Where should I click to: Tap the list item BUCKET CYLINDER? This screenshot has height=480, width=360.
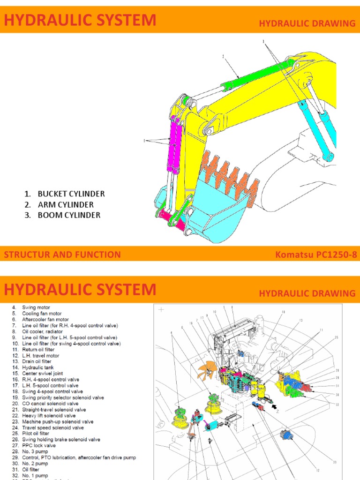coord(71,194)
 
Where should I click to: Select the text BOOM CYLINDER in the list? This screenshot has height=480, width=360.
coord(69,215)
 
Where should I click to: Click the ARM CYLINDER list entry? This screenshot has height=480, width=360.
coord(66,204)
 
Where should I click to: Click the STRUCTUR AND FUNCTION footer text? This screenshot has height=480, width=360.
coord(62,255)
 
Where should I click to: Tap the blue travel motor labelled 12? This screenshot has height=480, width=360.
coord(285,435)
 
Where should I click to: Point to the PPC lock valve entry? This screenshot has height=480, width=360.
coord(39,446)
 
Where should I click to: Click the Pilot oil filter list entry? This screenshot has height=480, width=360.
coord(39,434)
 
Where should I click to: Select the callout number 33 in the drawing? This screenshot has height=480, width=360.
coord(335,462)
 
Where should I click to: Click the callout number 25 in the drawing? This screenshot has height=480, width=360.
coord(336,337)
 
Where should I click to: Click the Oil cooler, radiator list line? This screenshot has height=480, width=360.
coord(45,331)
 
